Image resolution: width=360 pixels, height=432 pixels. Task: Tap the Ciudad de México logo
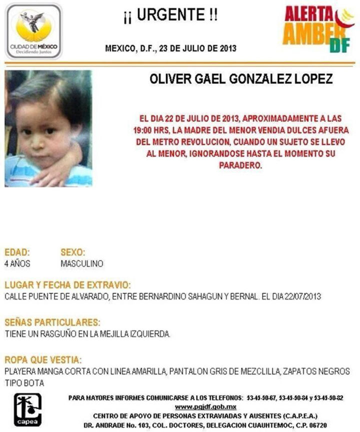point(33,31)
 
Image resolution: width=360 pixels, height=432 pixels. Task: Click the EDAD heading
point(17,252)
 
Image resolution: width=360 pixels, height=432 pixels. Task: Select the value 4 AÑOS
point(17,263)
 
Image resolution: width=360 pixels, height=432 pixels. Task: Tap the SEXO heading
point(73,252)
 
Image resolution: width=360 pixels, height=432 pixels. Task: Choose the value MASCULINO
point(81,263)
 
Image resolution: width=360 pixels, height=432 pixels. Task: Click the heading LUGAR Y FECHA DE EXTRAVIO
point(67,285)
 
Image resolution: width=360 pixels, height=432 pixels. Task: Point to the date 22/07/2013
point(302,296)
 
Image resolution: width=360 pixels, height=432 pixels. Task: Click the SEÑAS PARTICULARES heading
point(52,322)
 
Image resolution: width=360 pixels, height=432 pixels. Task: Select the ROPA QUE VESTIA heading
point(43,360)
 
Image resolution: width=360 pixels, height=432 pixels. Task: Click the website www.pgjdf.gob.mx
point(205,406)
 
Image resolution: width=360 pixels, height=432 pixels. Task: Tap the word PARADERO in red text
point(240,165)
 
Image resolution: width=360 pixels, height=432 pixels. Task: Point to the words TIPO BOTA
point(24,383)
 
